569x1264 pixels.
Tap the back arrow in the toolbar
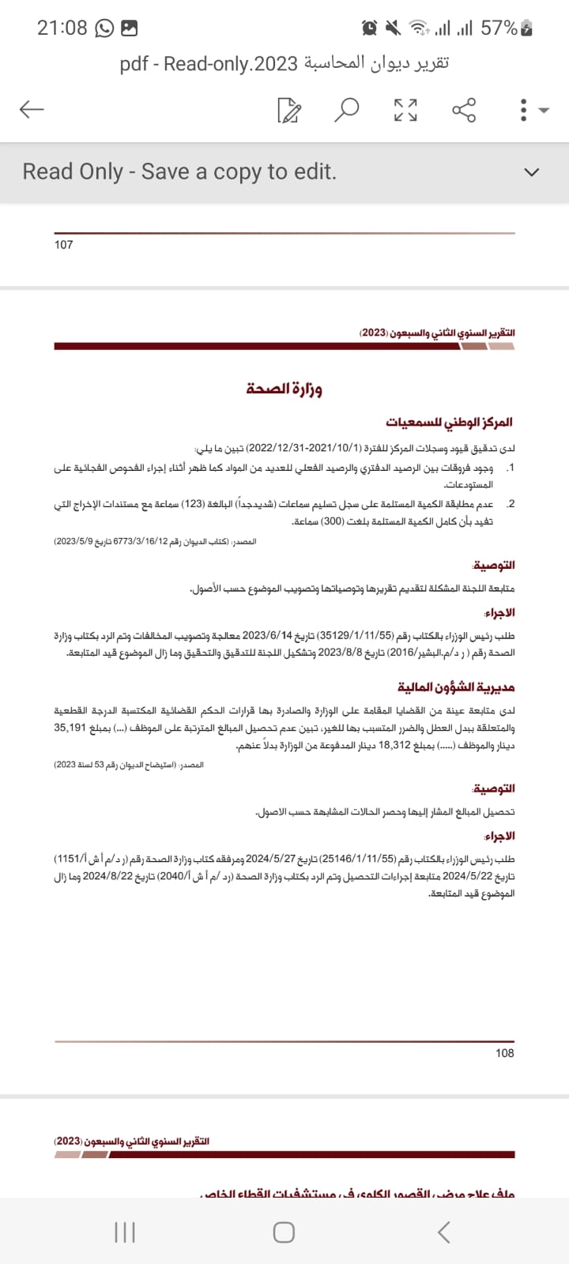(x=32, y=109)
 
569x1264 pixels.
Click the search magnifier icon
(x=346, y=110)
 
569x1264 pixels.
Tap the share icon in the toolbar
(x=464, y=110)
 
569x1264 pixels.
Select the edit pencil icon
(x=289, y=111)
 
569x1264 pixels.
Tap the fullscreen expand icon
(x=405, y=110)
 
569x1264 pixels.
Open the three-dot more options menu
(x=523, y=110)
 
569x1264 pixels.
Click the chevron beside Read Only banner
(x=532, y=172)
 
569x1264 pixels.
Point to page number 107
(x=63, y=245)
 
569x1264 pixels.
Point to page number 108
(x=505, y=1052)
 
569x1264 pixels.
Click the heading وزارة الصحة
(x=284, y=389)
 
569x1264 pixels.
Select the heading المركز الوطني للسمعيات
(x=449, y=423)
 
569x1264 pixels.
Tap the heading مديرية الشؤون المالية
(x=456, y=687)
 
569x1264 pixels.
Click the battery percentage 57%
(x=499, y=28)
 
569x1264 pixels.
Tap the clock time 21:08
(x=62, y=28)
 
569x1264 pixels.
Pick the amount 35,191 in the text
(x=70, y=728)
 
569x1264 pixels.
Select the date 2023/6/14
(x=267, y=635)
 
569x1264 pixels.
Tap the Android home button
(x=284, y=1232)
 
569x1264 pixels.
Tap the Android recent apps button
(x=125, y=1232)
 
